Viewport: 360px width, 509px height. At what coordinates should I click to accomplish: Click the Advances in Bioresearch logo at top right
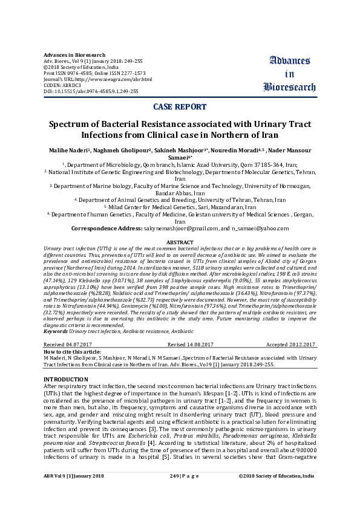286,73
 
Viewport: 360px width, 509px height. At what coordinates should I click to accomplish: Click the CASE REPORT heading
180,107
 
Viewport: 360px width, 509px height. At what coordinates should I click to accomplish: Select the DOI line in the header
91,91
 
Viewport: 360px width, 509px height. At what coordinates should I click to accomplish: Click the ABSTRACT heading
180,242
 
